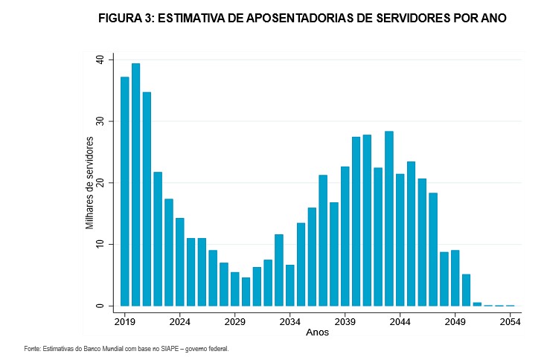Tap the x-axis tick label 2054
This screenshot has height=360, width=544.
(x=510, y=323)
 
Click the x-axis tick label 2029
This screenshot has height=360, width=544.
(x=234, y=323)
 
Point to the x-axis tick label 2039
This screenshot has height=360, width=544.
(x=345, y=323)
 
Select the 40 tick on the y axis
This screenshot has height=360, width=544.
(x=99, y=60)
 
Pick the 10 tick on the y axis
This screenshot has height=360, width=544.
(x=99, y=245)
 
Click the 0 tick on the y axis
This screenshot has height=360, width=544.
(x=101, y=306)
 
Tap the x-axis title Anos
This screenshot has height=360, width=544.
(x=317, y=332)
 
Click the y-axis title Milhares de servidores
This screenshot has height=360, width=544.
(x=89, y=182)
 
